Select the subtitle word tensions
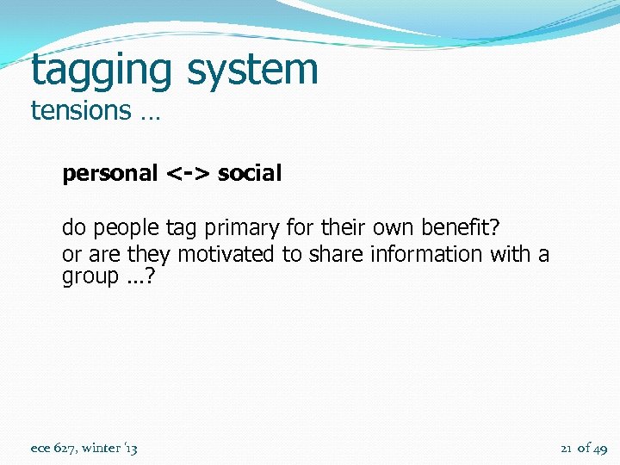pyautogui.click(x=80, y=111)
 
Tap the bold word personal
pyautogui.click(x=109, y=173)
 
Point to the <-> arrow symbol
pyautogui.click(x=188, y=173)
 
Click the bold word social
pyautogui.click(x=250, y=173)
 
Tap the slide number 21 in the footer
pyautogui.click(x=567, y=448)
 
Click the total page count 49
pyautogui.click(x=600, y=448)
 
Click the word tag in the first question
pyautogui.click(x=181, y=228)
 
